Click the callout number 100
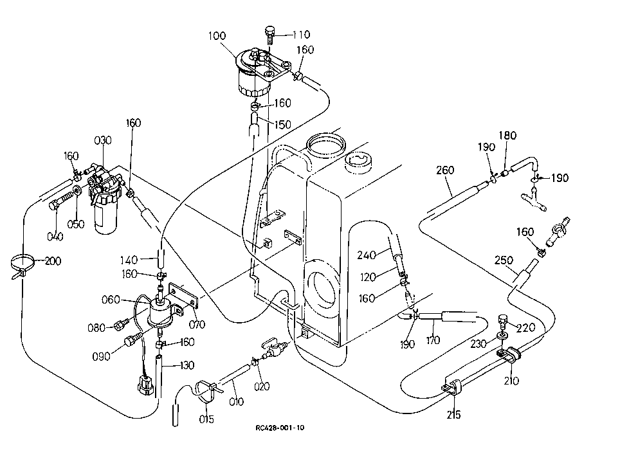point(217,36)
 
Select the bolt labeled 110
point(269,35)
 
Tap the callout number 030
point(102,140)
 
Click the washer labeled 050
point(78,190)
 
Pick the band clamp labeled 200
point(23,264)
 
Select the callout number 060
point(111,300)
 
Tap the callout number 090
point(102,356)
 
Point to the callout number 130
point(187,365)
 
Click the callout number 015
point(206,419)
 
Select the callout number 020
point(262,386)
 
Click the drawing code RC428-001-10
point(280,428)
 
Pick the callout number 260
point(444,170)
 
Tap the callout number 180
point(508,136)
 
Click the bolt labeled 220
point(504,322)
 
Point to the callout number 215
point(453,415)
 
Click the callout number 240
point(366,255)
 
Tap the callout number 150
point(283,125)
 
